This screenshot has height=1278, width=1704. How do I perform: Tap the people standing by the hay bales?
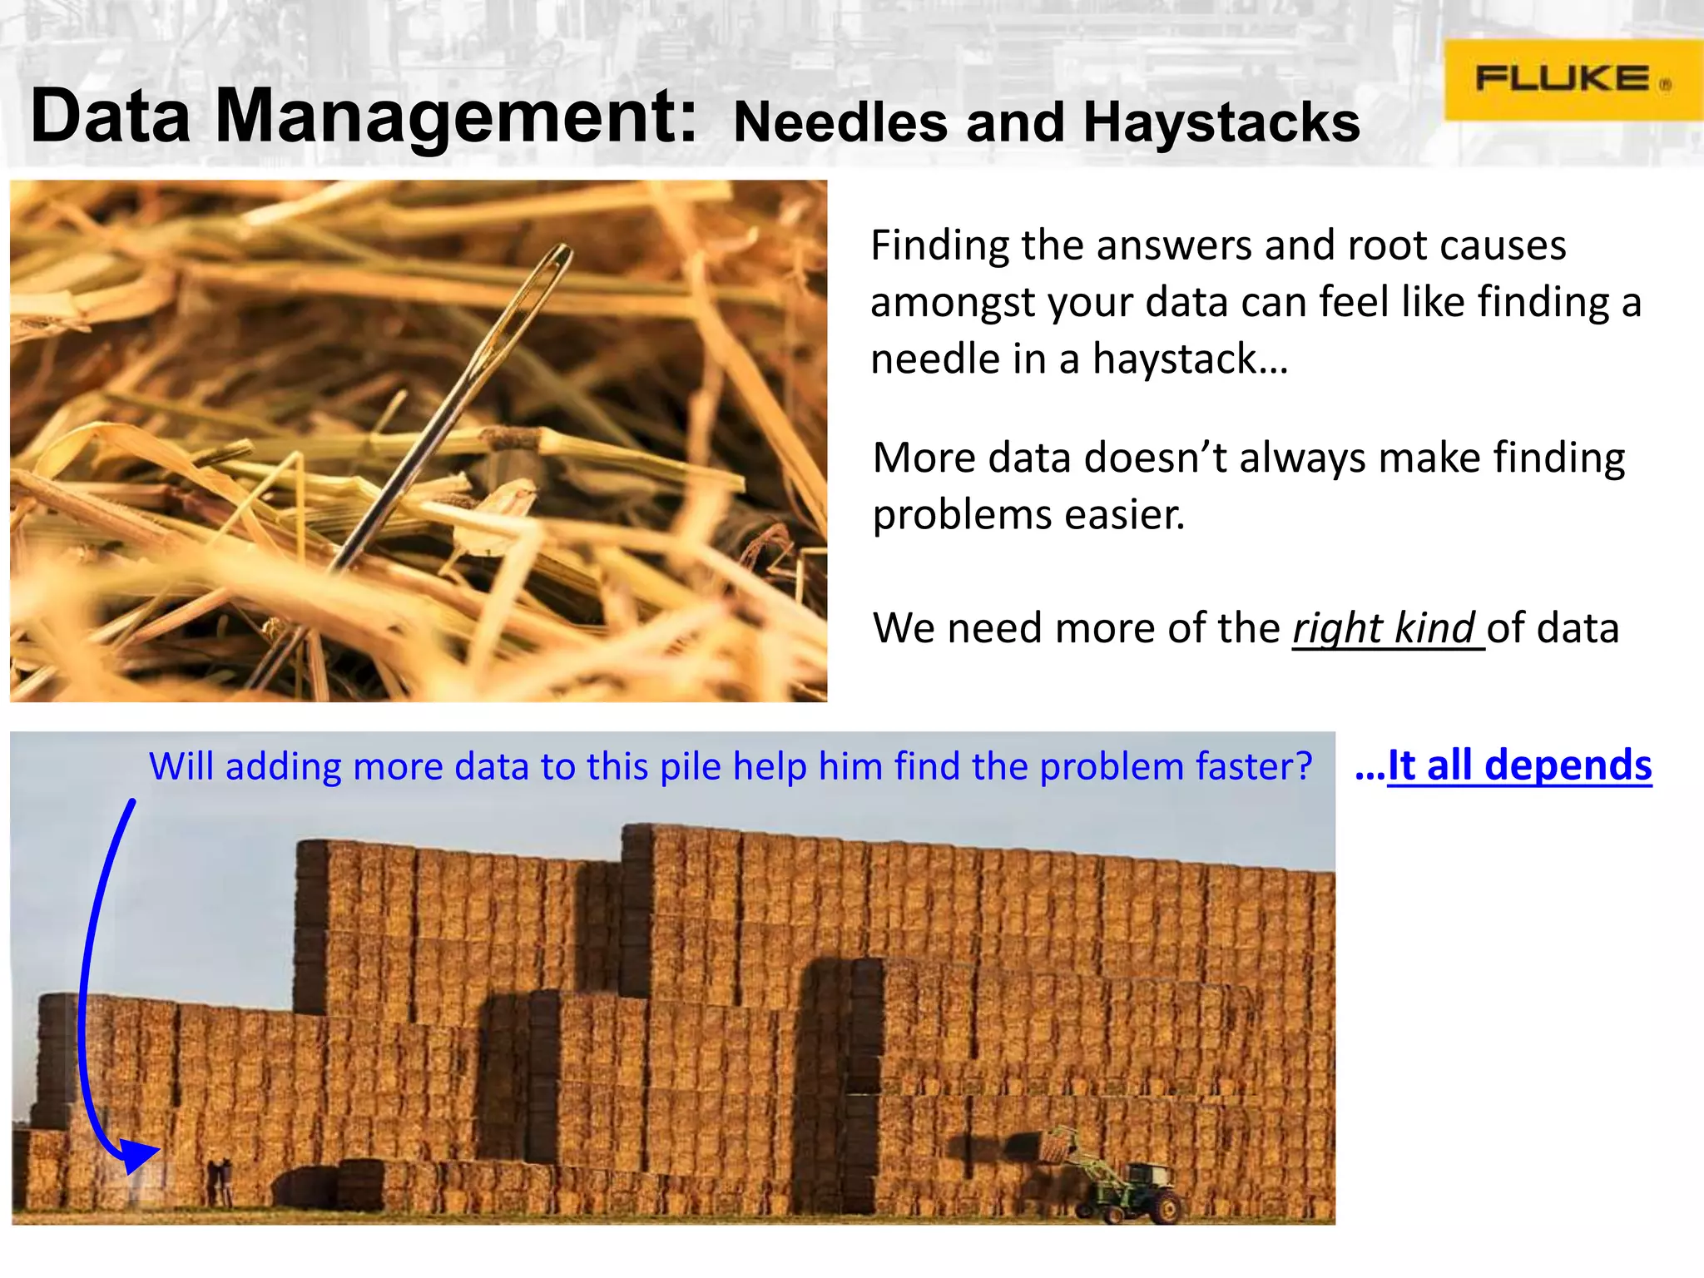[x=220, y=1181]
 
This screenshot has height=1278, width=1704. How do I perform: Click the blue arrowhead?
[x=138, y=1157]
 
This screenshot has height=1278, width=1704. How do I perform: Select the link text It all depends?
[x=1519, y=765]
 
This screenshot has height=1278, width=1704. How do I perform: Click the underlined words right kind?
[x=1384, y=628]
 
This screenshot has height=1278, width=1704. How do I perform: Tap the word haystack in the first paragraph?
[x=1174, y=359]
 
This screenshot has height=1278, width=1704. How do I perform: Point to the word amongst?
[x=954, y=303]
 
